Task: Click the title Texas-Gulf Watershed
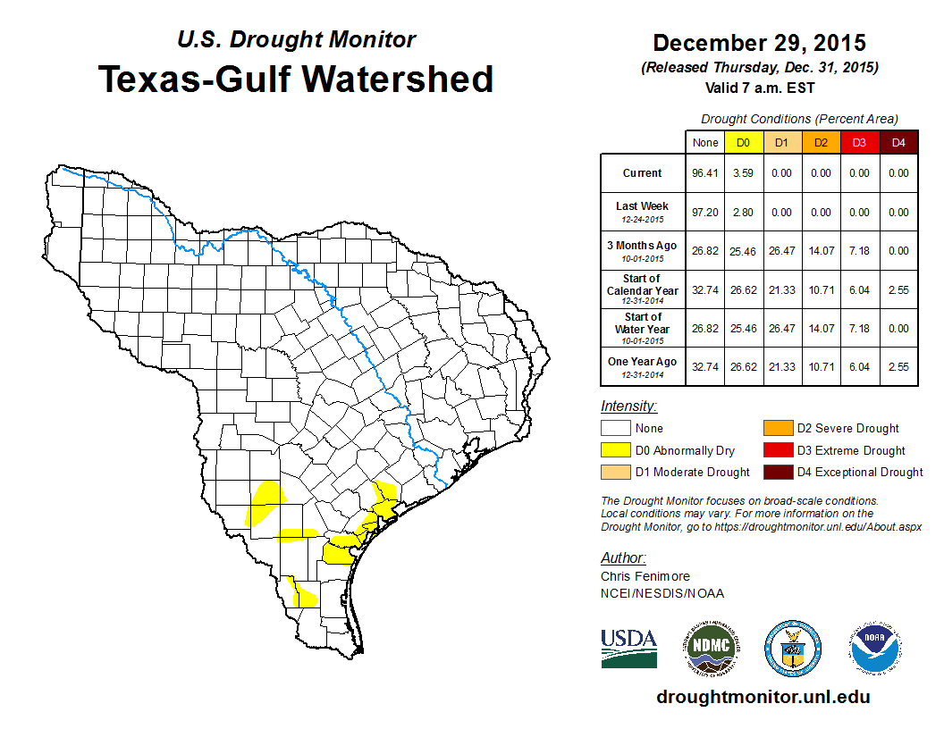click(x=295, y=80)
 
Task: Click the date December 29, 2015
click(x=759, y=43)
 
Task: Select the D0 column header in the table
click(x=743, y=142)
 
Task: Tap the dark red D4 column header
click(x=898, y=142)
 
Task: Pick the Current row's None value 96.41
click(x=704, y=173)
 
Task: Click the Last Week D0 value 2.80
click(x=743, y=213)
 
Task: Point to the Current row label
click(x=643, y=173)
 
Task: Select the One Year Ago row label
click(x=643, y=362)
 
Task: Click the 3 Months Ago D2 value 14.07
click(x=821, y=251)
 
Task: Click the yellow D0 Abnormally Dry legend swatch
click(x=615, y=450)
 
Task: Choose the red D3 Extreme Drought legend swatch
click(x=777, y=450)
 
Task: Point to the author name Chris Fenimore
click(x=645, y=576)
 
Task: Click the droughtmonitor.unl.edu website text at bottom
click(x=763, y=697)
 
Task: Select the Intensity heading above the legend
click(x=628, y=406)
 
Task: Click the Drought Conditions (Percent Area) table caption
click(x=798, y=118)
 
